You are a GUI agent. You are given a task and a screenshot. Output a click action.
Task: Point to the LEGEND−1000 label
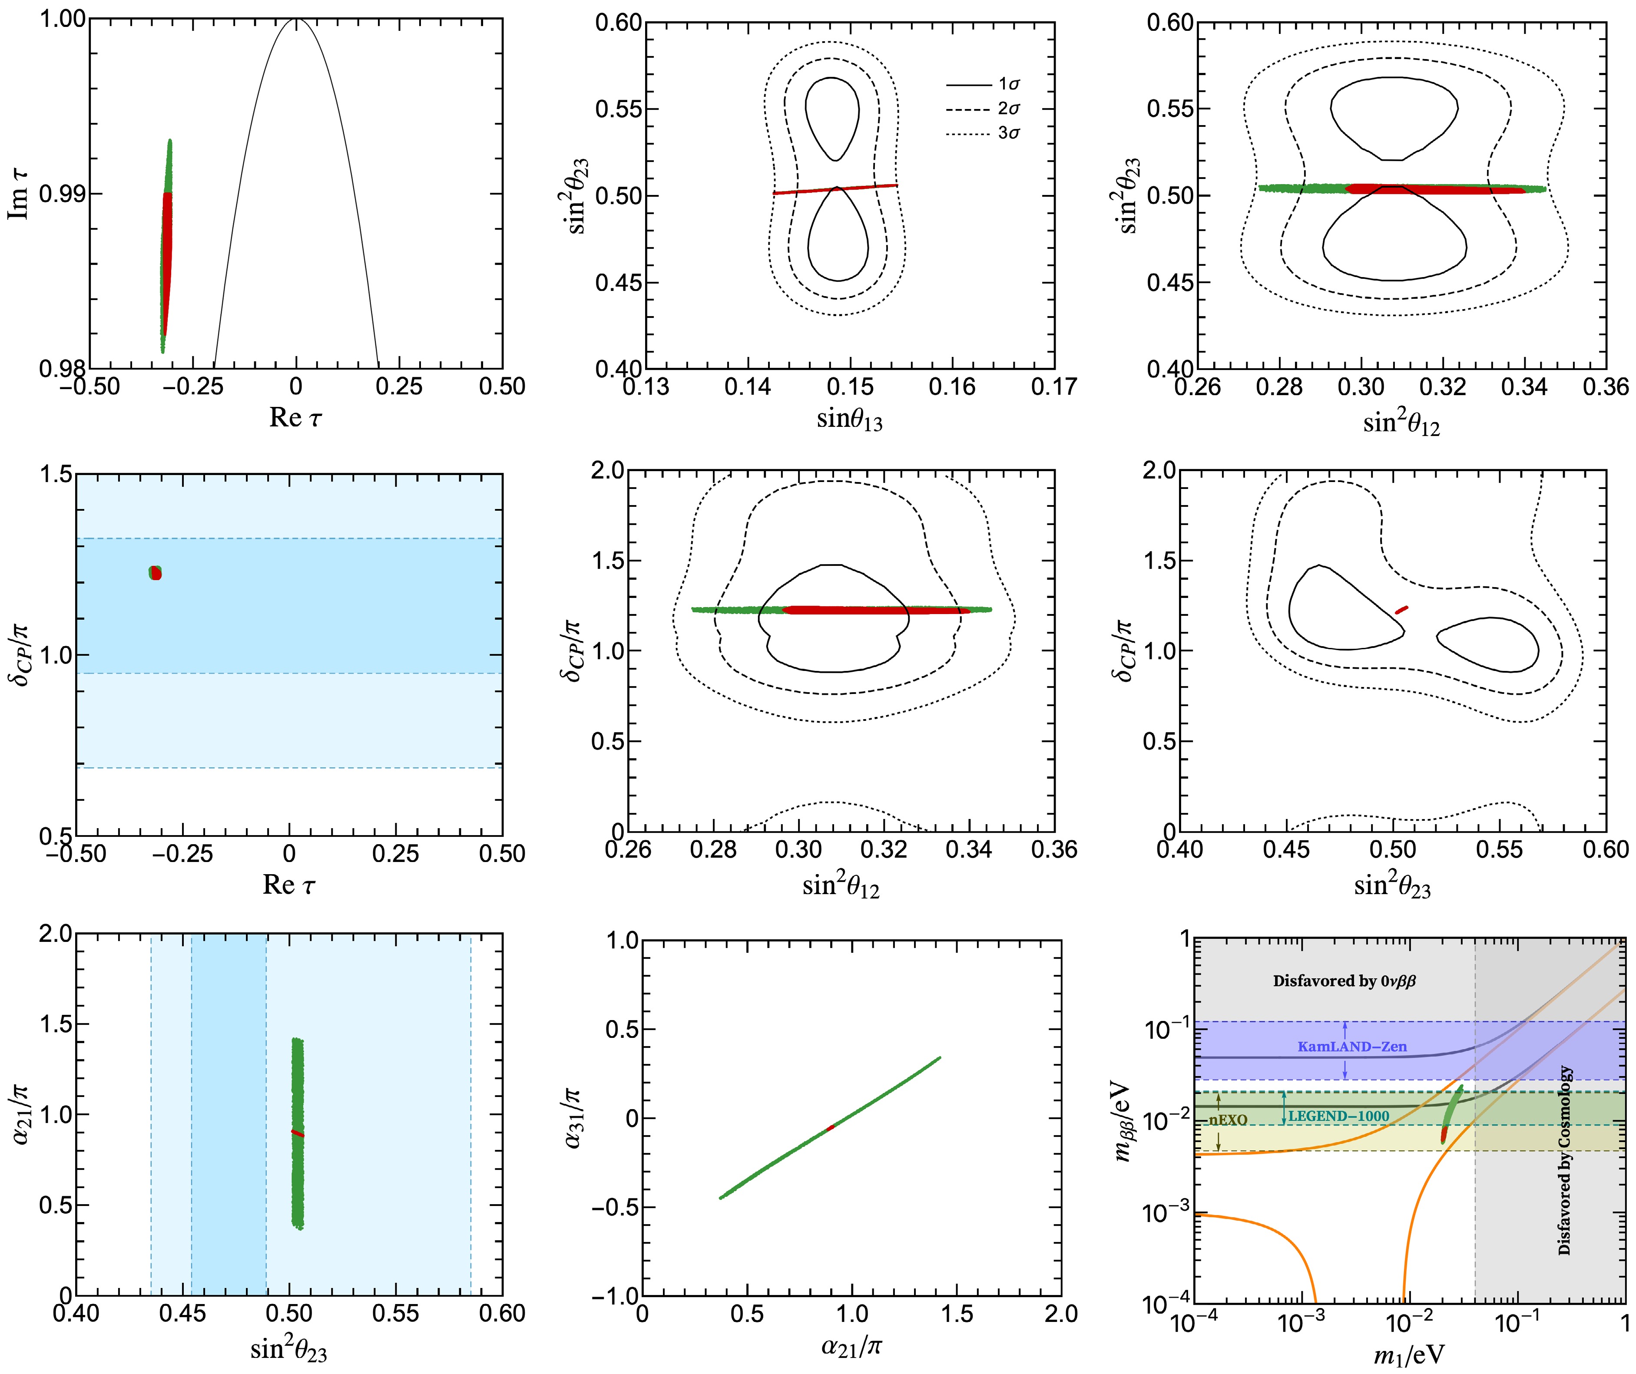1338,1116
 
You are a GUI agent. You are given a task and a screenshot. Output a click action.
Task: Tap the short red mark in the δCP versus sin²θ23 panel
1401,609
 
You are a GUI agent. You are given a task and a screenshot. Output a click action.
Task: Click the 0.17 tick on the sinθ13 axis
1053,386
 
